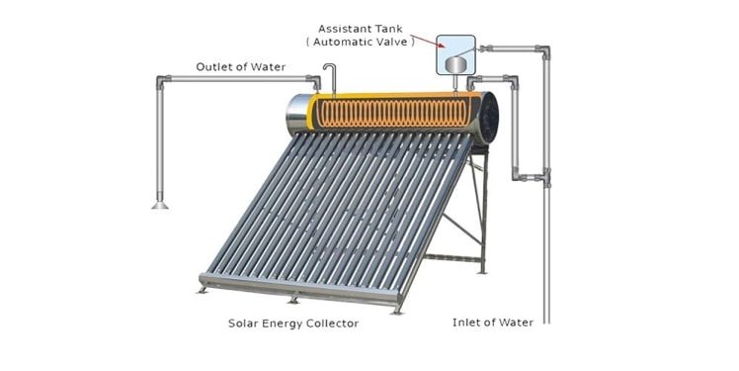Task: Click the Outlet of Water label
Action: (x=240, y=67)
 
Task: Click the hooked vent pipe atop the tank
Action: (x=329, y=74)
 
